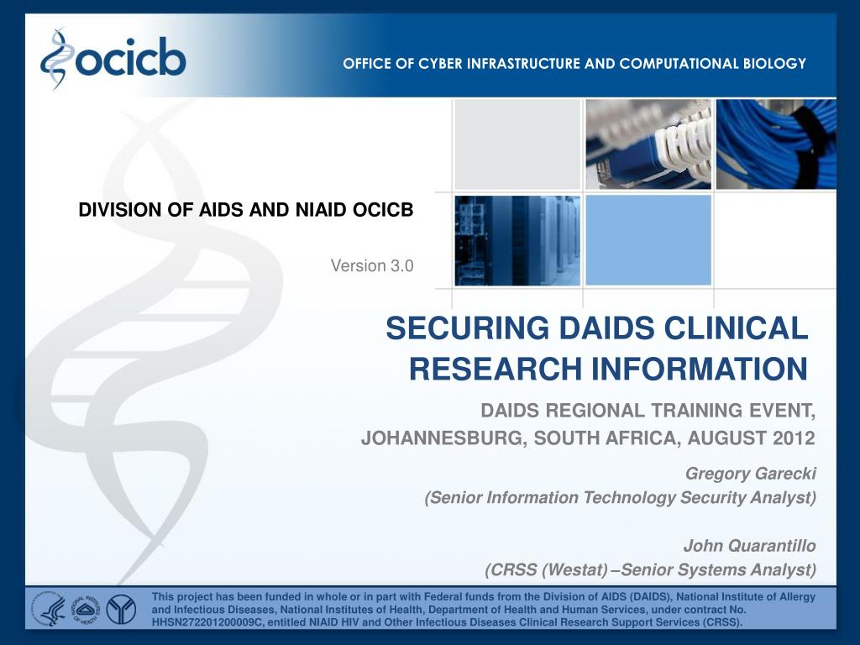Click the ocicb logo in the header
(x=113, y=59)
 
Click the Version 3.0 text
(x=372, y=266)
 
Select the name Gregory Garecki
(x=751, y=474)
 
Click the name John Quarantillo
(x=749, y=546)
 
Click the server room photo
(x=517, y=240)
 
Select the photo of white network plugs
(x=648, y=144)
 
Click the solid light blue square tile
(x=648, y=240)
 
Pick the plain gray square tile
(x=517, y=144)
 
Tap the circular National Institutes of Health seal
(x=84, y=608)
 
